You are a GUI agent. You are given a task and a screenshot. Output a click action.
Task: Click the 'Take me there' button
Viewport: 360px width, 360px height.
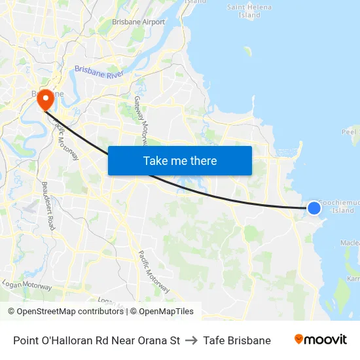(x=179, y=160)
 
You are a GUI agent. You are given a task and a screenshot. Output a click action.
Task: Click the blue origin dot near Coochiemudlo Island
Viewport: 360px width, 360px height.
(x=314, y=207)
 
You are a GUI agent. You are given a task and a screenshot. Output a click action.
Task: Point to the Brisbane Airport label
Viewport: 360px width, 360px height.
(x=138, y=22)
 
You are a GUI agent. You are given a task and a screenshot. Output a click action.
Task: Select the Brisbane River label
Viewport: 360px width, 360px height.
(x=99, y=72)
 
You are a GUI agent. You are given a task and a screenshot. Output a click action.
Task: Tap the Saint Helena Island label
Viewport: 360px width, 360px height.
(x=249, y=10)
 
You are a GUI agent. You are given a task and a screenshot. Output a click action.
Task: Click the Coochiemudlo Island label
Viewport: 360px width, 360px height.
(x=338, y=206)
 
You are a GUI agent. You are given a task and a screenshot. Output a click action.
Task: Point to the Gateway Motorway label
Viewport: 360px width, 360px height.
(x=142, y=121)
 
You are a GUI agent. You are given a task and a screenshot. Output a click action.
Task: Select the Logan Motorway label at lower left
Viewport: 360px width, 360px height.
(x=27, y=285)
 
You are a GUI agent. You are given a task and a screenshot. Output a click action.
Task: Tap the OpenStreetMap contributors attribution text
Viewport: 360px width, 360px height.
(x=66, y=312)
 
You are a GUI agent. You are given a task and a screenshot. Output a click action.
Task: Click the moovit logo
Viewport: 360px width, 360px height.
(x=321, y=339)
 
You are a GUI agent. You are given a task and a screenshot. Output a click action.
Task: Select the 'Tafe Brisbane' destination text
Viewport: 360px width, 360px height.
(x=237, y=340)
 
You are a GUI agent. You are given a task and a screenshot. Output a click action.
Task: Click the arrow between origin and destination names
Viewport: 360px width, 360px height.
(x=191, y=340)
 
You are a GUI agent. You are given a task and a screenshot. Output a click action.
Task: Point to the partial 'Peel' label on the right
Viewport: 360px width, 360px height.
(x=349, y=132)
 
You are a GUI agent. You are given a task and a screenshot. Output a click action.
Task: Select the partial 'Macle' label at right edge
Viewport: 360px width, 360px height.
(x=350, y=243)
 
